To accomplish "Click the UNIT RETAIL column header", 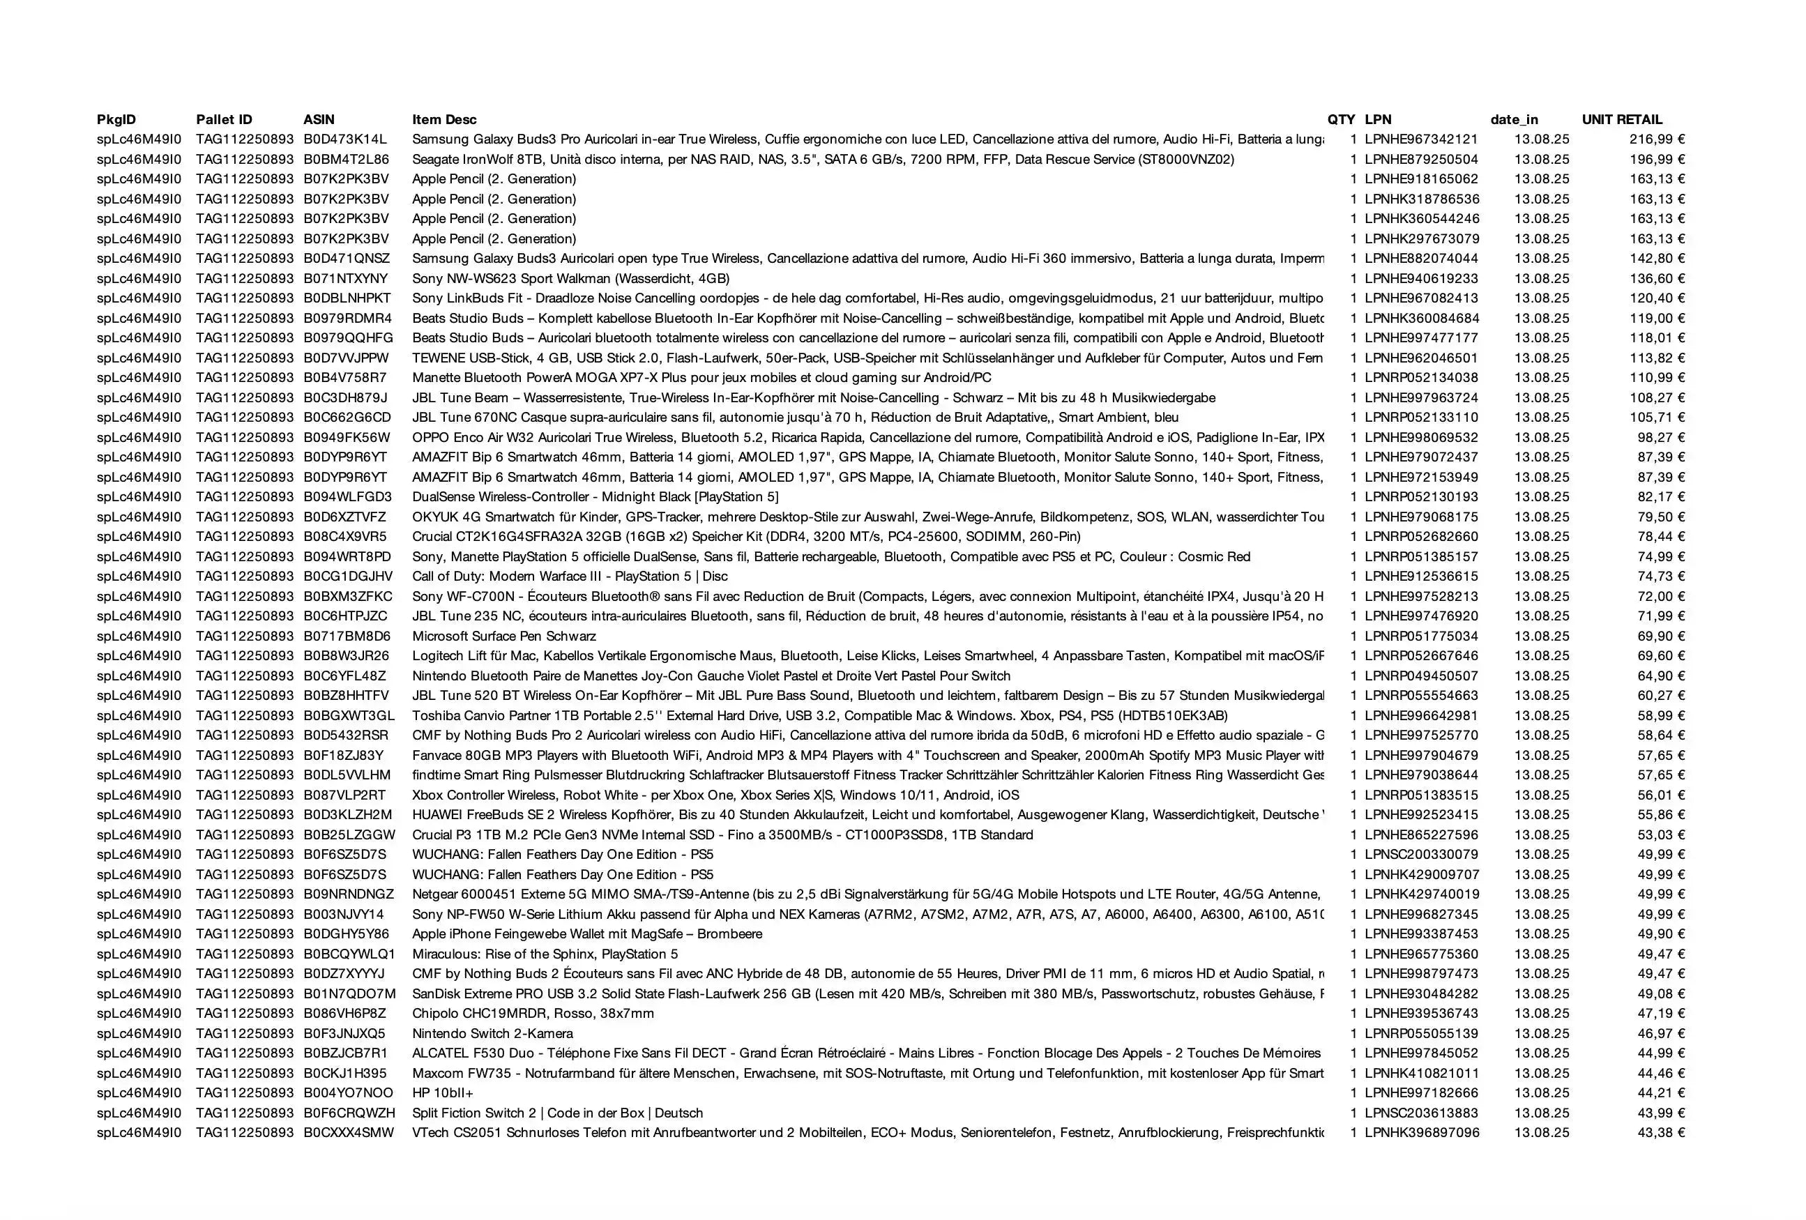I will [1622, 120].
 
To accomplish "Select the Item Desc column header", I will [443, 120].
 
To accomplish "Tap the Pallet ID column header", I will [224, 120].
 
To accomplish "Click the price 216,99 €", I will [1657, 140].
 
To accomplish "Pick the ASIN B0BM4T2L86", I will [346, 160].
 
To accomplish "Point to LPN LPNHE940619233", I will [1421, 279].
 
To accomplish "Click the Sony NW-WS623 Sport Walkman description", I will [570, 279].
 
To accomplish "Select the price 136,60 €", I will [1657, 279].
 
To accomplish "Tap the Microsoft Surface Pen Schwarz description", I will [503, 636].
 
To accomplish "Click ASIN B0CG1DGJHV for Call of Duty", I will [347, 577].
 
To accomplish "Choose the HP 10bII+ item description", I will [442, 1093].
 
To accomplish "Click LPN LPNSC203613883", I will [1421, 1113].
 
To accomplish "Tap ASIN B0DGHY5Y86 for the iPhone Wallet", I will [346, 934].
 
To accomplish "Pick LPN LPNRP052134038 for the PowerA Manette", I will [1421, 378].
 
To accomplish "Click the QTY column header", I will [1340, 120].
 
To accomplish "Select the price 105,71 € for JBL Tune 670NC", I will [1657, 418].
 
